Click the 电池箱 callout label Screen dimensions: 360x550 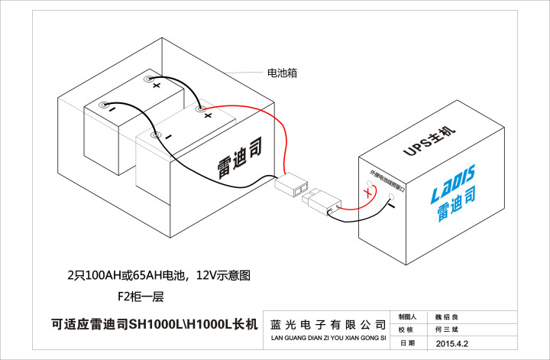281,73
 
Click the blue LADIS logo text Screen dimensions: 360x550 448,178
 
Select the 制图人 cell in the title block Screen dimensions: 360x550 407,316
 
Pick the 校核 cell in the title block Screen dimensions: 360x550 407,329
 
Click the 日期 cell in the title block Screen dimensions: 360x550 407,344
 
